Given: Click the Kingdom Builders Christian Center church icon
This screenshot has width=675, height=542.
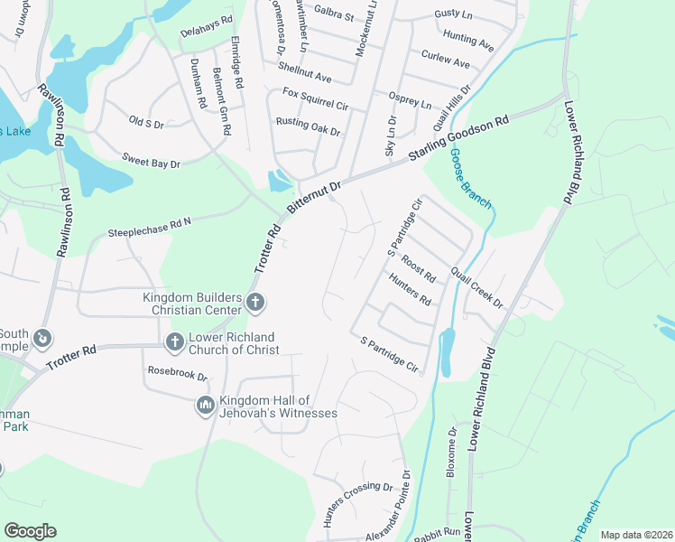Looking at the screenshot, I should click(x=255, y=302).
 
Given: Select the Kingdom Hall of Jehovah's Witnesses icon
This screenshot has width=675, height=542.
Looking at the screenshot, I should click(x=205, y=406).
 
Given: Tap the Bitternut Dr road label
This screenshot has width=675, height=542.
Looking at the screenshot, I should click(x=315, y=198).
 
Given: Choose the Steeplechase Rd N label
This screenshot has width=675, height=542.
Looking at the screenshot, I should click(x=151, y=226).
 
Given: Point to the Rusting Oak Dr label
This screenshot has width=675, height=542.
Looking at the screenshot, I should click(x=308, y=126).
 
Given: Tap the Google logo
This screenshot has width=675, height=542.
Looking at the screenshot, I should click(x=30, y=531).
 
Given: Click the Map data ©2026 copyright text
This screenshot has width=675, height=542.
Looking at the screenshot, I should click(x=636, y=535).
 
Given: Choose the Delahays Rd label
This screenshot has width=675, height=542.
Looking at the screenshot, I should click(x=207, y=31).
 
